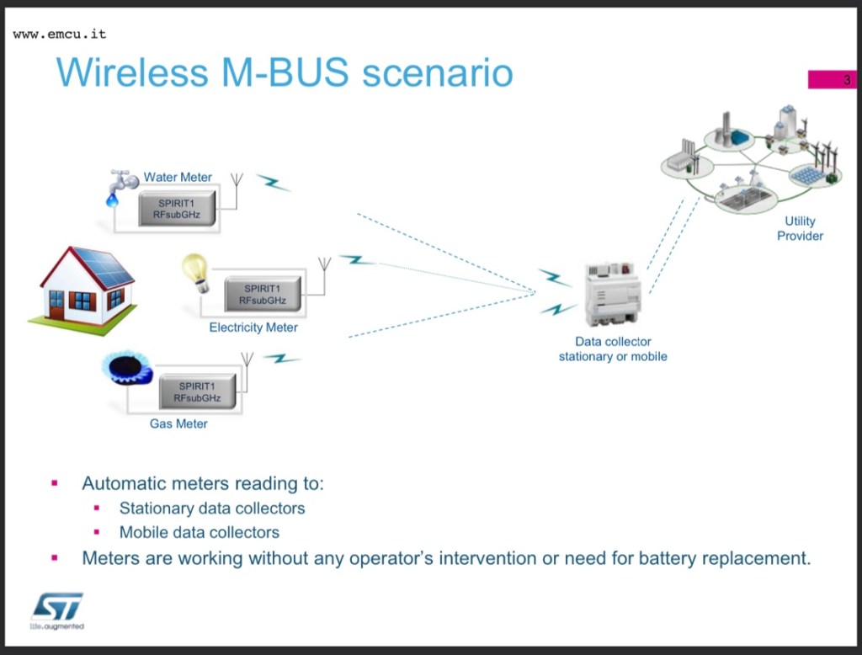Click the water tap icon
click(x=122, y=185)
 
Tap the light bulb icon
click(x=195, y=272)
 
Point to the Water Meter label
click(x=178, y=177)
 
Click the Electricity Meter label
click(x=253, y=327)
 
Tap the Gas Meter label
click(x=178, y=423)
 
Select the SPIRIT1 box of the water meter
click(x=176, y=208)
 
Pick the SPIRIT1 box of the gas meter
click(x=197, y=392)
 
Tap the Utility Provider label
click(x=800, y=228)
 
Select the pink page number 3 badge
click(x=832, y=80)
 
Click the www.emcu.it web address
click(x=60, y=35)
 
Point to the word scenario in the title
click(x=438, y=72)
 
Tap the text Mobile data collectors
click(x=200, y=532)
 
